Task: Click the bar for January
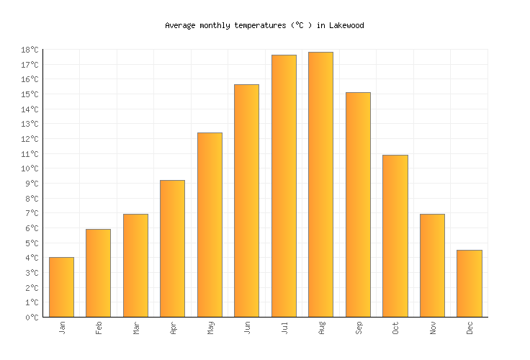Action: [61, 287]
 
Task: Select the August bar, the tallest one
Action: [320, 184]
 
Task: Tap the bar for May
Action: [210, 225]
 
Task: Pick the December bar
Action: [469, 283]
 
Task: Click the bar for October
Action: [395, 235]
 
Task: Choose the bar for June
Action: [246, 200]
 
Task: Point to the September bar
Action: [358, 204]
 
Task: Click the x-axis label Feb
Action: [99, 328]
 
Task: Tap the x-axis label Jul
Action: [284, 328]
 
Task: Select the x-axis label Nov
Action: [432, 328]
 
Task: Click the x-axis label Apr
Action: [173, 328]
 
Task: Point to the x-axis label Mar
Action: [135, 328]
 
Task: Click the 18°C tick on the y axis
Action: [30, 50]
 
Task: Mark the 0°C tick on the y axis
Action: [32, 317]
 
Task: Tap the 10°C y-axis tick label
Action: [30, 168]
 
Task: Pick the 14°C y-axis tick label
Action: [30, 109]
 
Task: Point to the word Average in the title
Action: [180, 25]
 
